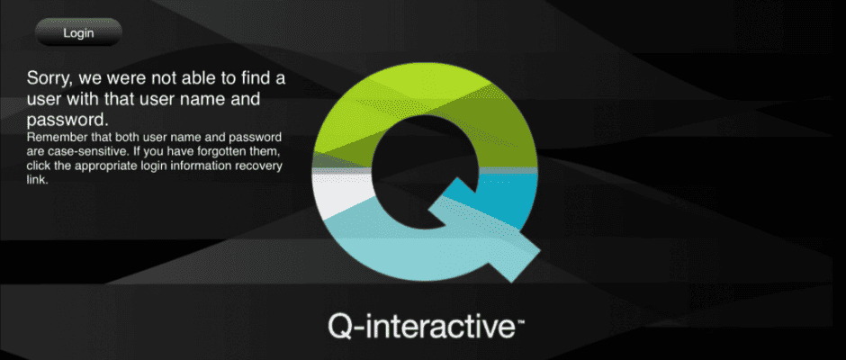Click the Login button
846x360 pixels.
[x=79, y=32]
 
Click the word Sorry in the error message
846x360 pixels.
[x=49, y=79]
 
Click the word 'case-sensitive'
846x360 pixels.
[x=83, y=151]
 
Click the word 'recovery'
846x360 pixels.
[x=261, y=166]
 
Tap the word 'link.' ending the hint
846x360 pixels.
[x=37, y=180]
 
